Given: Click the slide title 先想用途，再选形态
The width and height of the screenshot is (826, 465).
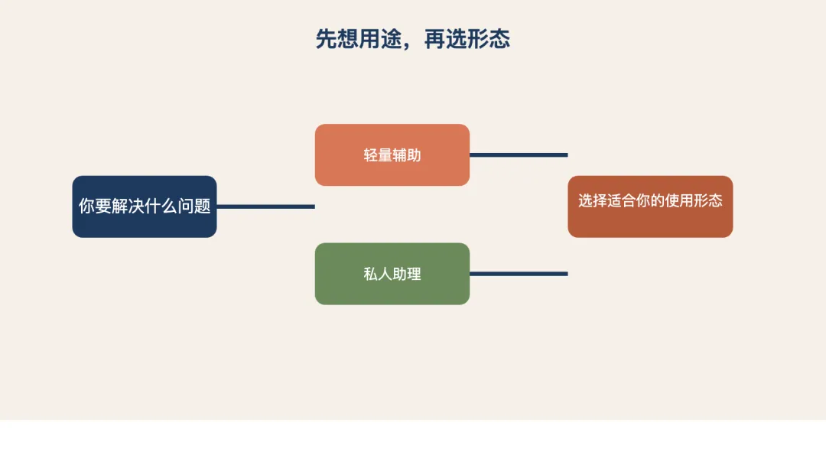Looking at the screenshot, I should pyautogui.click(x=413, y=39).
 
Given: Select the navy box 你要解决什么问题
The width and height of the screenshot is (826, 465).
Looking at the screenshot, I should pyautogui.click(x=145, y=206).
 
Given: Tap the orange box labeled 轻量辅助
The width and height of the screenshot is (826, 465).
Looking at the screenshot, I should pyautogui.click(x=392, y=155).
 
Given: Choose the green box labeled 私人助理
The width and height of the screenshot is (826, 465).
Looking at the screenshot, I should pyautogui.click(x=392, y=274).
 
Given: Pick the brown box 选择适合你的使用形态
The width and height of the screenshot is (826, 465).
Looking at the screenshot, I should pyautogui.click(x=650, y=206).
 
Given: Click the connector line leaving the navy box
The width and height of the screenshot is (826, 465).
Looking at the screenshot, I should pyautogui.click(x=265, y=206).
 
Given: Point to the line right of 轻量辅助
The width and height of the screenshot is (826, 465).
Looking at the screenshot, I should pyautogui.click(x=519, y=155).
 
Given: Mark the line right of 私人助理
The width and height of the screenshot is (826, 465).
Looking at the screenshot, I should pyautogui.click(x=519, y=274).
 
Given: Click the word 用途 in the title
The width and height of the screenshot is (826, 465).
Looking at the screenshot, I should pyautogui.click(x=380, y=39).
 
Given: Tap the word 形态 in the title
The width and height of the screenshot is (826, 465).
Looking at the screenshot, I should pyautogui.click(x=489, y=39).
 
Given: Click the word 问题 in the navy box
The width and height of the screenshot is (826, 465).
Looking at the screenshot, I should pyautogui.click(x=194, y=206).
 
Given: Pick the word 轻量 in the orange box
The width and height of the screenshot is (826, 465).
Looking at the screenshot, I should pyautogui.click(x=378, y=155).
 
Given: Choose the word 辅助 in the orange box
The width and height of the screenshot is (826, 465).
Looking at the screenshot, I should pyautogui.click(x=407, y=155).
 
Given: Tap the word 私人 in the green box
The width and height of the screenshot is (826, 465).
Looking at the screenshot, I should pyautogui.click(x=378, y=274).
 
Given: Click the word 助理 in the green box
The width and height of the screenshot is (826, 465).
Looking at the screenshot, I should pyautogui.click(x=407, y=274).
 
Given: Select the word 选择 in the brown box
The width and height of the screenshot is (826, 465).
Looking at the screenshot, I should pyautogui.click(x=593, y=201).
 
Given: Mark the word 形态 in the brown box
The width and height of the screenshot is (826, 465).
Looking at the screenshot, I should pyautogui.click(x=708, y=201).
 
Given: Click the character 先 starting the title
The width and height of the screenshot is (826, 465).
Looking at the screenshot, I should pyautogui.click(x=327, y=39).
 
